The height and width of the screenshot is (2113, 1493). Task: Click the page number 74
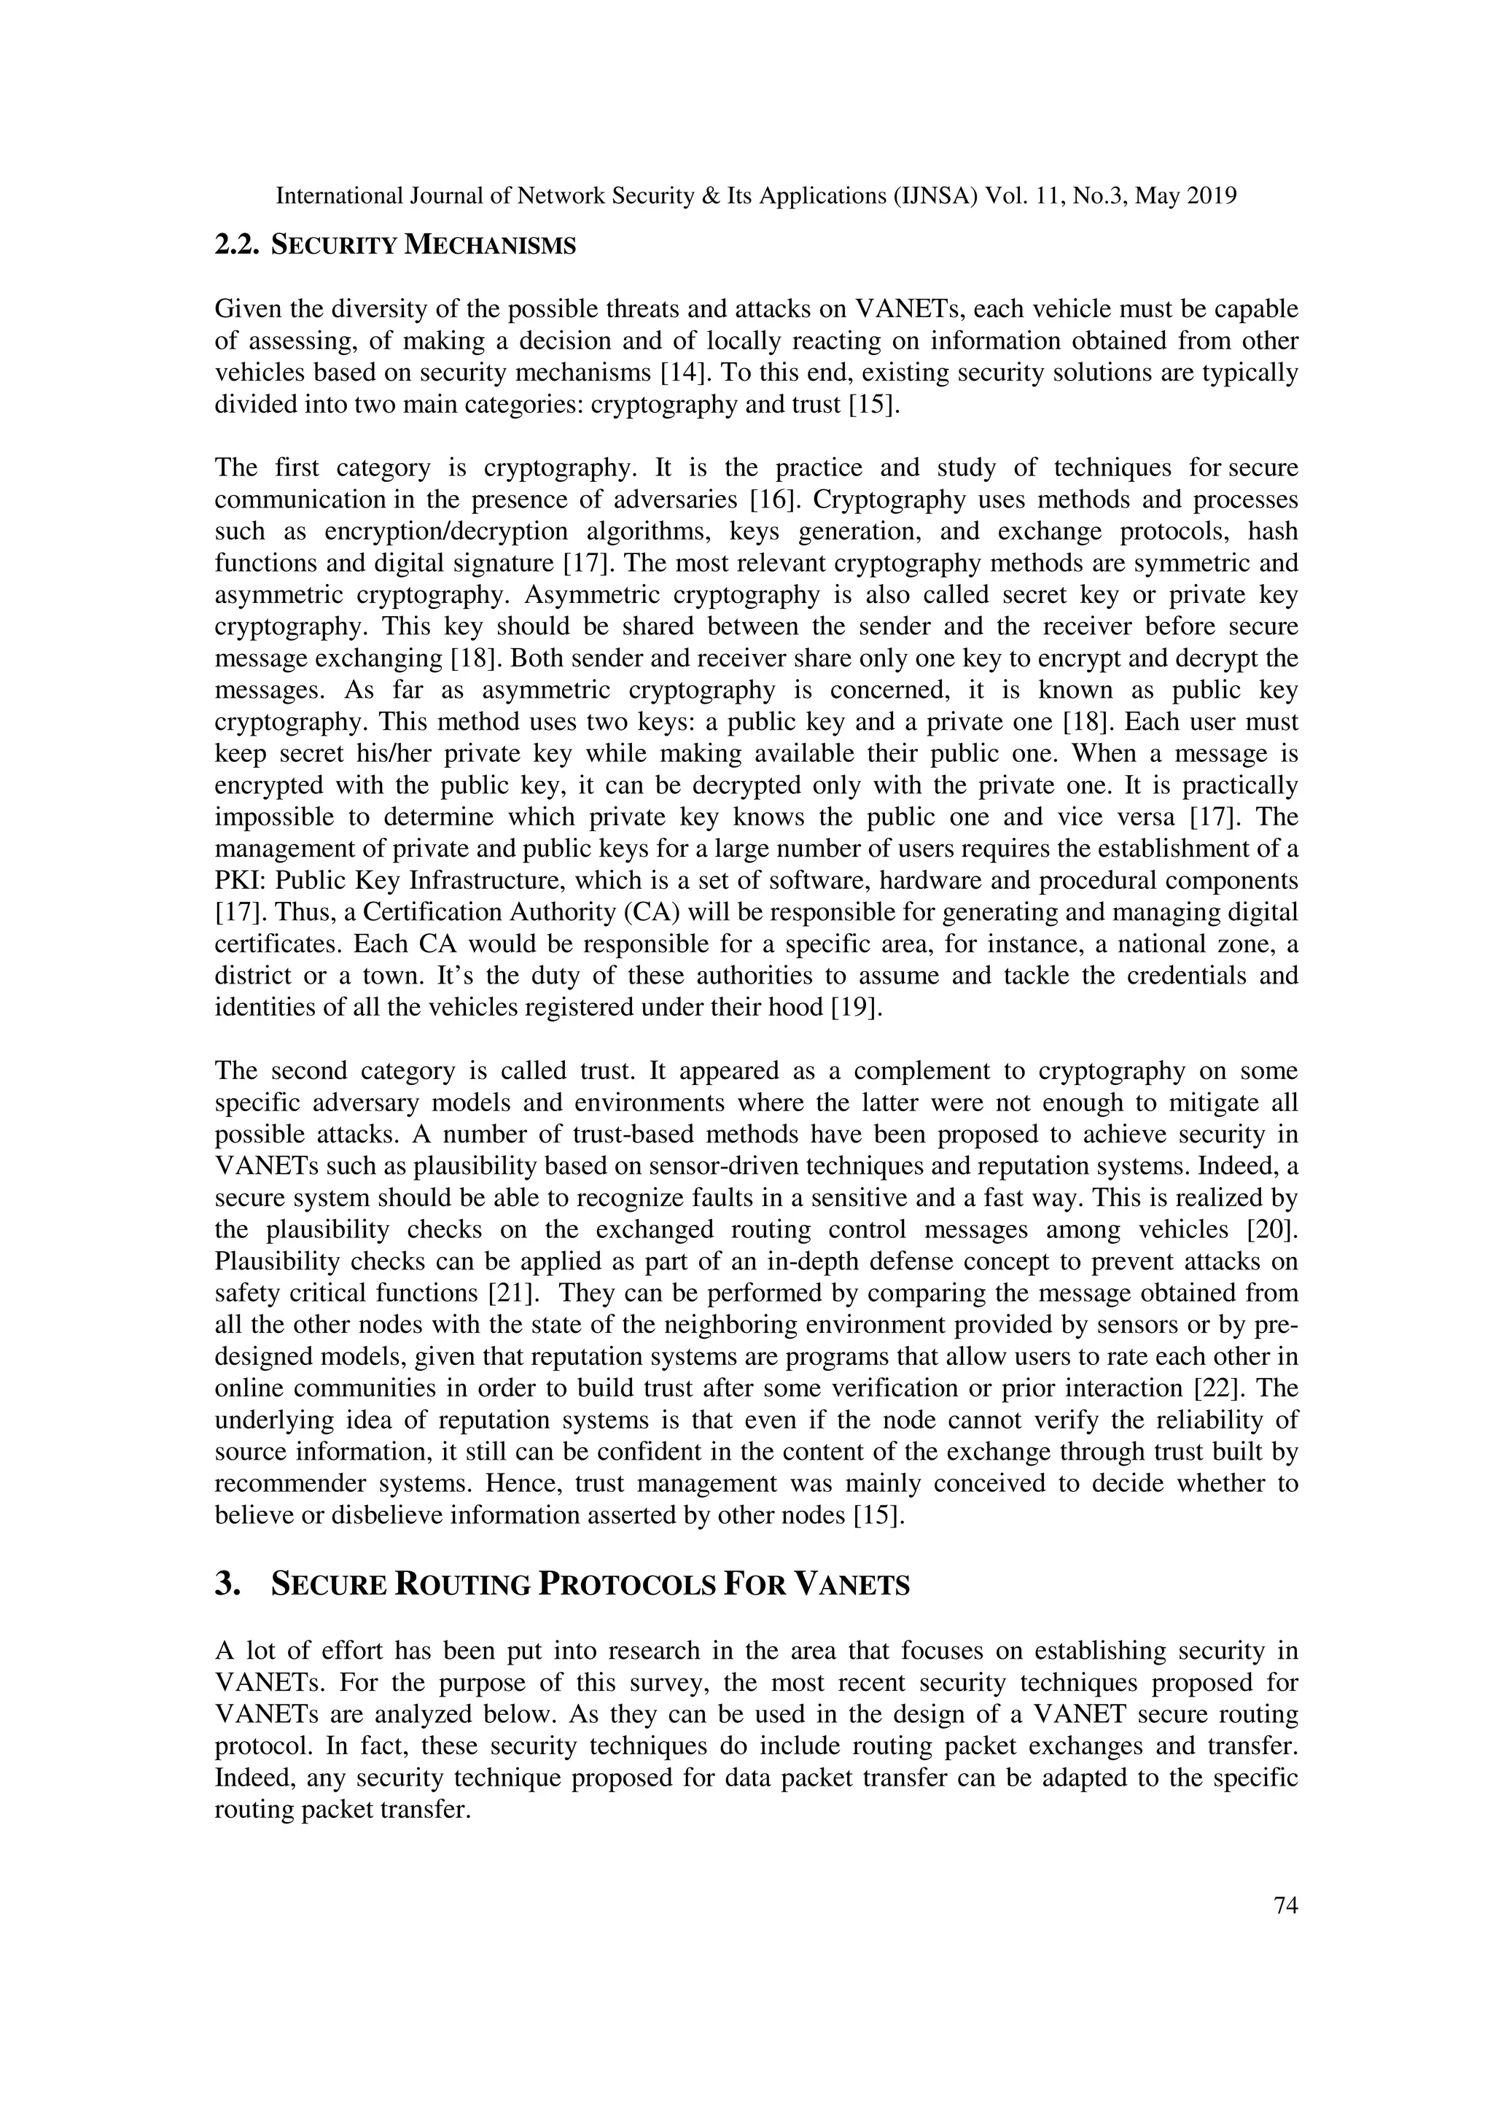[1285, 1906]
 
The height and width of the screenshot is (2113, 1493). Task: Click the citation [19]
[856, 1008]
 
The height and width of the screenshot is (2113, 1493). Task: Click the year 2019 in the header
[1209, 196]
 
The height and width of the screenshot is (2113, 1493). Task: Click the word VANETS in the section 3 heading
[851, 1585]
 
